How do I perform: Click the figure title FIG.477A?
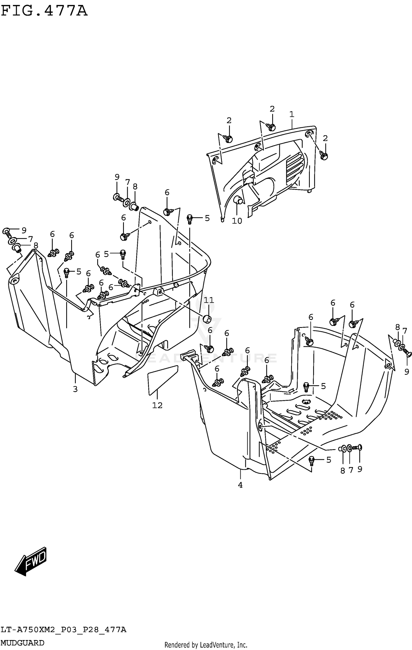(x=44, y=11)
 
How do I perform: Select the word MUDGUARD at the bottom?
(x=23, y=643)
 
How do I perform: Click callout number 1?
(x=292, y=114)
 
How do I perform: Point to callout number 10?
(x=237, y=221)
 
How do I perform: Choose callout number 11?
(x=208, y=300)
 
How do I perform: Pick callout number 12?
(x=157, y=405)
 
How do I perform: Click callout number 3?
(x=75, y=389)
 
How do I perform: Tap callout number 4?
(x=240, y=485)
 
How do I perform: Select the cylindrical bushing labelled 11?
(x=207, y=319)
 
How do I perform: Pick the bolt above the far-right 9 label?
(x=408, y=354)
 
